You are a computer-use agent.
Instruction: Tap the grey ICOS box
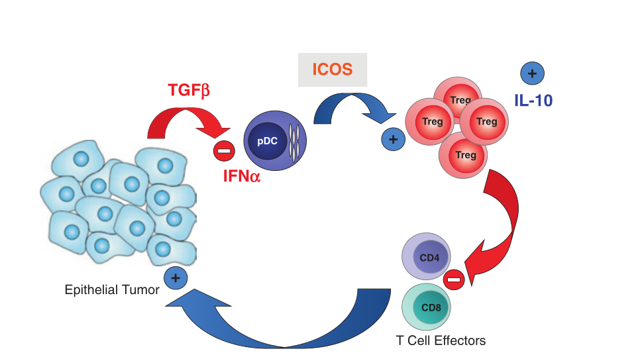point(332,69)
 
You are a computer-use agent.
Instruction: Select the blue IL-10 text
point(533,101)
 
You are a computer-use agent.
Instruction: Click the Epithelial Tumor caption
point(112,289)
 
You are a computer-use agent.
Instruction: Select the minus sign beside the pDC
point(224,150)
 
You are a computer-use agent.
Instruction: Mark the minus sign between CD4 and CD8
point(454,280)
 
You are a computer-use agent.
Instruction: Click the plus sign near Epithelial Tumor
point(175,278)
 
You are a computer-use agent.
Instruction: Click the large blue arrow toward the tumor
point(291,325)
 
